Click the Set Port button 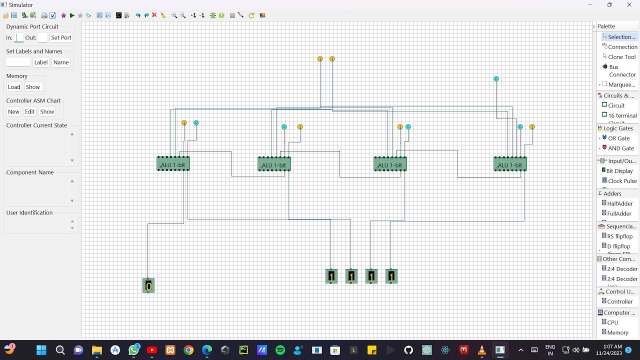pos(61,37)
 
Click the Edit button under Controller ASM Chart pos(30,111)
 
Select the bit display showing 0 pos(148,285)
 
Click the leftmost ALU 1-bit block pos(173,164)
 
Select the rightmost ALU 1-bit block pos(510,164)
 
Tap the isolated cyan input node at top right pos(496,79)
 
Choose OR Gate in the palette pos(618,138)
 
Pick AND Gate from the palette pos(620,148)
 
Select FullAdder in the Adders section pos(619,213)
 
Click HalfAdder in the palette pos(619,203)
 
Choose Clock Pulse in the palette pos(621,181)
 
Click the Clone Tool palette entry pos(621,57)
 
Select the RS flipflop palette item pos(619,236)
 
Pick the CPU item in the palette pos(612,322)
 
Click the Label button pos(41,62)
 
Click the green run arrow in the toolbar pos(72,15)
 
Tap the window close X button pos(629,5)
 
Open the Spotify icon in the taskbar pos(280,350)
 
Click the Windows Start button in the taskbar pos(41,350)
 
